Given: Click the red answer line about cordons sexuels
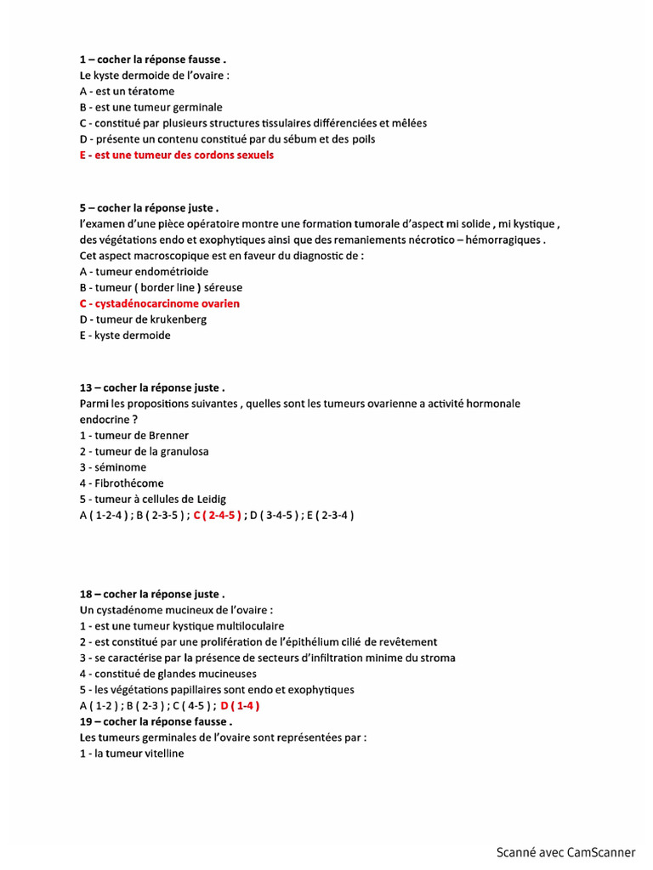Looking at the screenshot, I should (177, 155).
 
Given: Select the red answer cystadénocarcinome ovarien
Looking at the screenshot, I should (160, 303).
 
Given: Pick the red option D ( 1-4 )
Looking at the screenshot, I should (240, 705).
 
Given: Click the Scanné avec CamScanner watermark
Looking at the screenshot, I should (565, 852).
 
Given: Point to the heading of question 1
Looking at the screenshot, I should (153, 59).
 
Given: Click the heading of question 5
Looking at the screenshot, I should (150, 208).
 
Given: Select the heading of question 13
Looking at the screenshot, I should (152, 388).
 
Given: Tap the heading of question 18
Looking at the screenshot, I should (152, 594).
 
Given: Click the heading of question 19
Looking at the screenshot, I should (156, 721).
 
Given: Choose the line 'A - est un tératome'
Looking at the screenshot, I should (127, 91).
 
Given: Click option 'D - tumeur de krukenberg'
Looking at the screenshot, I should (143, 319).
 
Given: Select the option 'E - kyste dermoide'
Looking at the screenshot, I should (125, 336).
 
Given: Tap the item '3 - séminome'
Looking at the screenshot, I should (113, 467).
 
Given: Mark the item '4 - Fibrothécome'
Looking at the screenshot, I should (122, 483).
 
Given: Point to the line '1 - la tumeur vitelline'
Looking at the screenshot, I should (132, 754).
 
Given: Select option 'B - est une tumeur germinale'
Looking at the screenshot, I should (151, 107).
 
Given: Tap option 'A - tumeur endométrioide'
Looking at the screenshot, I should (144, 272).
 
